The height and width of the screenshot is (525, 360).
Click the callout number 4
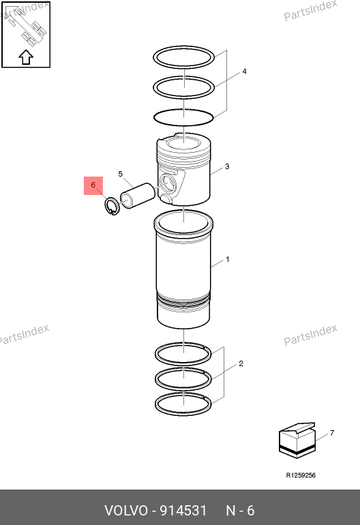coord(245,72)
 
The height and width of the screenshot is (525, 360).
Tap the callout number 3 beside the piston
coord(227,166)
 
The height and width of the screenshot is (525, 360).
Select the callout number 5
coord(121,174)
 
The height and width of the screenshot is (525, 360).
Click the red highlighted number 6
coord(93,185)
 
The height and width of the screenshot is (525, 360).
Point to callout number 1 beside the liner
coord(228,259)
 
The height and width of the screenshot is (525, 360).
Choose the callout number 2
coord(241,363)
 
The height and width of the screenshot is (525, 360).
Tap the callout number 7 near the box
coord(332,433)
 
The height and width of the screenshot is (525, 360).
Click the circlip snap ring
coord(105,206)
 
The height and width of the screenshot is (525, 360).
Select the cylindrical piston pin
coord(138,196)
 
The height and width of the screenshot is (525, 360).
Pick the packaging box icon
coord(297,440)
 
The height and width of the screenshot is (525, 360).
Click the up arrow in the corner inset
coord(26,57)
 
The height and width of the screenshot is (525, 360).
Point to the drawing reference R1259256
coord(301,475)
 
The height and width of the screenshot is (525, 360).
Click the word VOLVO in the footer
coord(126,511)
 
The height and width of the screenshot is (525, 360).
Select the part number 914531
coord(183,511)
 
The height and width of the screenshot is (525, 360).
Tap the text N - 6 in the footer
coord(240,511)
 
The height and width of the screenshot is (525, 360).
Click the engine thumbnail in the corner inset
coord(26,27)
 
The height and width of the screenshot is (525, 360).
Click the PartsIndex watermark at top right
coord(310,11)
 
